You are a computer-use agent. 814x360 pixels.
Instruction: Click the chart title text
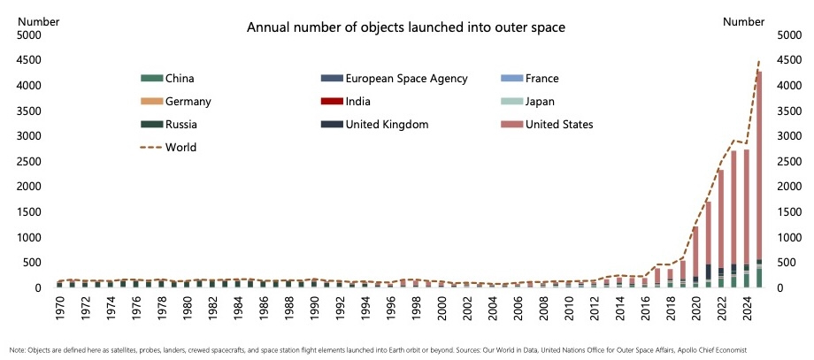pyautogui.click(x=405, y=28)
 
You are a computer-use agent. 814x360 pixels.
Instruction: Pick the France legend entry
pyautogui.click(x=541, y=78)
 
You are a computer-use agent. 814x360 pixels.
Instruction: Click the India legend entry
pyautogui.click(x=358, y=101)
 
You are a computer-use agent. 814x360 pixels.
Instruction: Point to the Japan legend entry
pyautogui.click(x=540, y=101)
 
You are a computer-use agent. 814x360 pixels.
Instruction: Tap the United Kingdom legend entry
pyautogui.click(x=387, y=125)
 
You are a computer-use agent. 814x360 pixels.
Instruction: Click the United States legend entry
pyautogui.click(x=559, y=125)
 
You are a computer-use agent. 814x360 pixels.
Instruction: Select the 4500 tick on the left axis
pyautogui.click(x=29, y=60)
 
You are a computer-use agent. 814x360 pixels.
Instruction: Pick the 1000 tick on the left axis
pyautogui.click(x=29, y=238)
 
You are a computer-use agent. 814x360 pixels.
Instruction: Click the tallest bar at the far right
pyautogui.click(x=758, y=177)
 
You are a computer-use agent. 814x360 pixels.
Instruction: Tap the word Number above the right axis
pyautogui.click(x=743, y=20)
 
